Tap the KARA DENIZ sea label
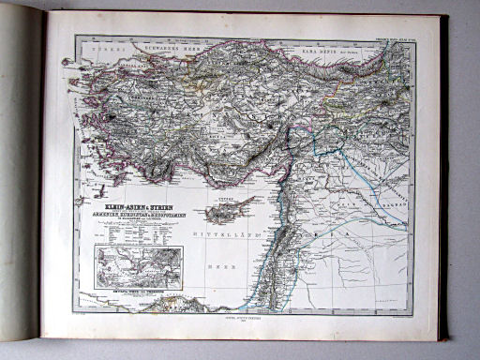coord(319,43)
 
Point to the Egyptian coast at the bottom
coord(159,306)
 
